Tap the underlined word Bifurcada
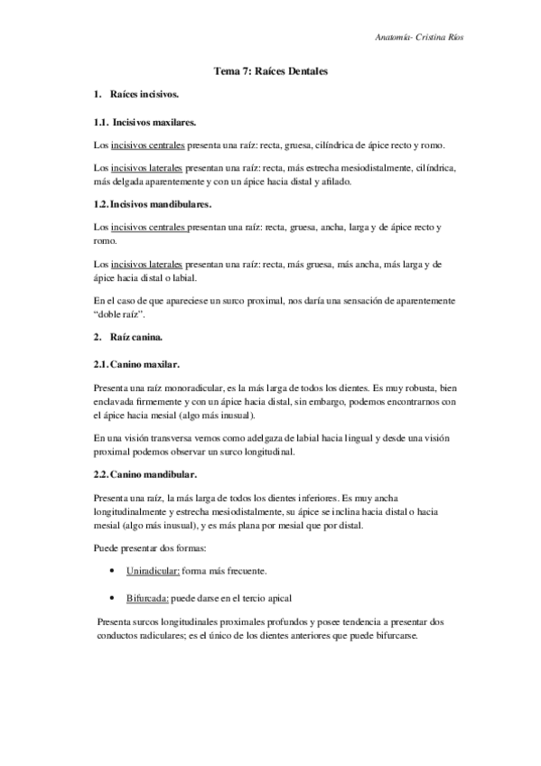click(x=149, y=598)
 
